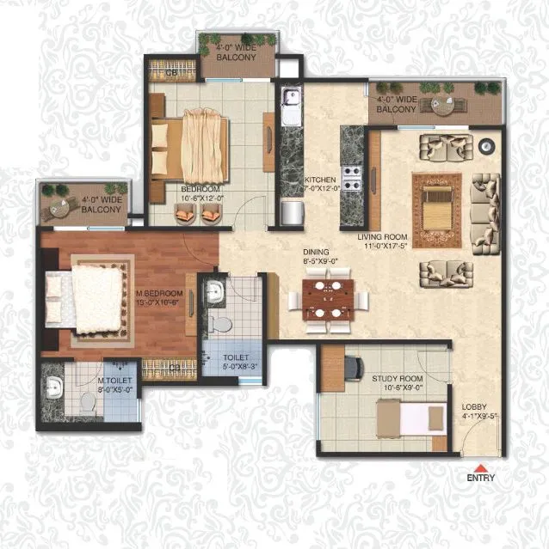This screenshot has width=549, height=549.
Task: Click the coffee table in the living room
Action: pyautogui.click(x=441, y=205)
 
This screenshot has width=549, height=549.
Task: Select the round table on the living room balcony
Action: pyautogui.click(x=443, y=107)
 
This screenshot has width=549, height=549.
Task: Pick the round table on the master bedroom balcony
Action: pyautogui.click(x=62, y=207)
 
